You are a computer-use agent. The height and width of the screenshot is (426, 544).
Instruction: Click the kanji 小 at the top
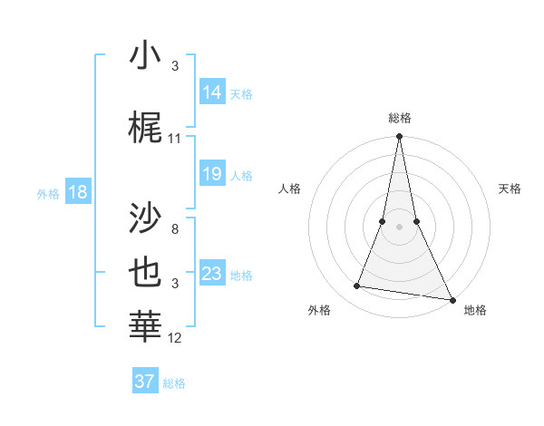click(x=146, y=57)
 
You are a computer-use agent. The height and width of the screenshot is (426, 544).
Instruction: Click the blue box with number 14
click(x=212, y=92)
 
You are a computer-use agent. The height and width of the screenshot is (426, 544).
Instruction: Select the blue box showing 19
click(x=212, y=174)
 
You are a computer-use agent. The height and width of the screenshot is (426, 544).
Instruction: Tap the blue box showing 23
click(x=212, y=274)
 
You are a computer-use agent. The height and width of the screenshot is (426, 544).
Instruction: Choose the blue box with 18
click(x=77, y=192)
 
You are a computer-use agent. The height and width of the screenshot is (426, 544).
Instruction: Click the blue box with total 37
click(x=145, y=382)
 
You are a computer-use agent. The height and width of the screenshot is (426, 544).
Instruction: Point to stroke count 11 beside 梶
click(x=175, y=138)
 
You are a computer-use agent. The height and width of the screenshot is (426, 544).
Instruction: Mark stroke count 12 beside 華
click(x=175, y=337)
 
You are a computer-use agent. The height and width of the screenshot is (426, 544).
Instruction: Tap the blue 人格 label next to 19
click(x=241, y=175)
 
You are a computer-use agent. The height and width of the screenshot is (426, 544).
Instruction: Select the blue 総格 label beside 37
click(x=174, y=383)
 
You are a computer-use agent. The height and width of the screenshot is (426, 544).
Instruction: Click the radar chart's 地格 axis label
click(x=475, y=310)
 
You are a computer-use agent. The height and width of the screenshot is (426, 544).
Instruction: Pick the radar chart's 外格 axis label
click(x=319, y=310)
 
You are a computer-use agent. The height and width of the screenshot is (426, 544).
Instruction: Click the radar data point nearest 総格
click(x=399, y=137)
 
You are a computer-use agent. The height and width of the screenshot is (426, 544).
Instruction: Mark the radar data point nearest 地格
click(x=452, y=299)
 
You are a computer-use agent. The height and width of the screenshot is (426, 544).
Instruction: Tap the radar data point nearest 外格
click(x=357, y=286)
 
